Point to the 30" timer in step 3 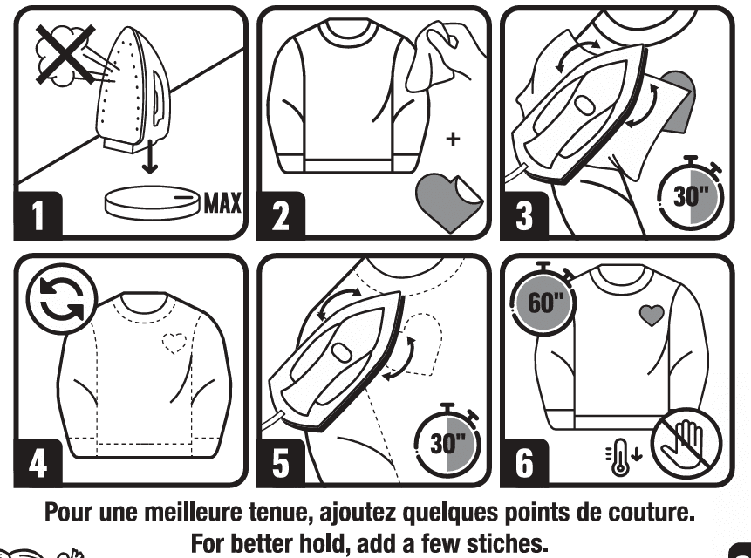click(x=692, y=194)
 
